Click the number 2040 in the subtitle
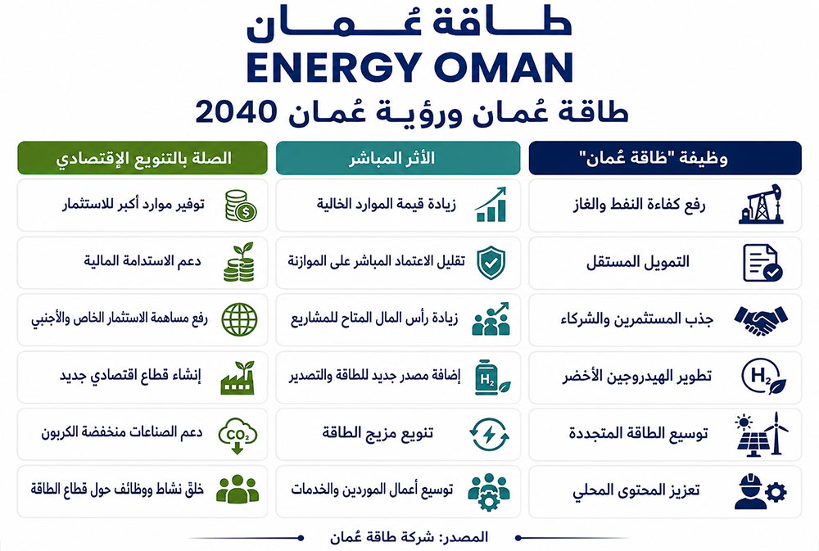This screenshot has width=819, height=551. [236, 111]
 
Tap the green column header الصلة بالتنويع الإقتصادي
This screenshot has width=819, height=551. [143, 158]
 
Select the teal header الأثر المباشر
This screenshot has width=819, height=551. [398, 158]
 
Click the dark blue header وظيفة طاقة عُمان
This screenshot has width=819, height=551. [665, 158]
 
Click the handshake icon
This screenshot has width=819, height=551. [761, 319]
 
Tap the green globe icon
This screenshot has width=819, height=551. [239, 319]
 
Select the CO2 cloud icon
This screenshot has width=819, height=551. [238, 435]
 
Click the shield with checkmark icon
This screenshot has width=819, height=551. [491, 262]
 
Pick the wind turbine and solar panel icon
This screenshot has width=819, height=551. [762, 434]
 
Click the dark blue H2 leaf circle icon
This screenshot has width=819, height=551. [763, 377]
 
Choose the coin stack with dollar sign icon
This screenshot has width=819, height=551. [241, 205]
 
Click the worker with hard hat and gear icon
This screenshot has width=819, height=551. [760, 491]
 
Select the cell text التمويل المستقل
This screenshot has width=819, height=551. [638, 262]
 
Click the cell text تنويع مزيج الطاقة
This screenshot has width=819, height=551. [378, 433]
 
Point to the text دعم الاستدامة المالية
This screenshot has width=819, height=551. [143, 260]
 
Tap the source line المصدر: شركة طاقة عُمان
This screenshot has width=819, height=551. [409, 537]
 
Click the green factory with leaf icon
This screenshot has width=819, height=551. [238, 377]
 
